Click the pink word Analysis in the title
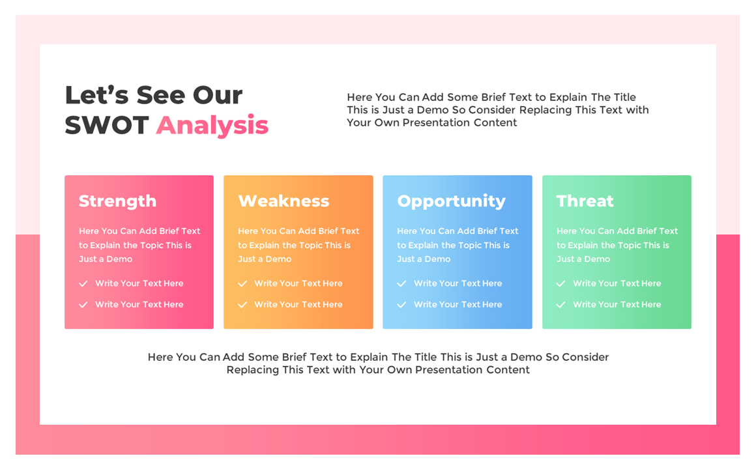(x=212, y=125)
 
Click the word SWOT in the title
(x=107, y=125)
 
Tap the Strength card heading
(x=117, y=201)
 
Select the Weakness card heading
(x=283, y=201)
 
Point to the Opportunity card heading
(x=451, y=201)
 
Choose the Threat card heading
(x=585, y=201)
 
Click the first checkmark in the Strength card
(x=83, y=284)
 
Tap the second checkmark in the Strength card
(x=83, y=305)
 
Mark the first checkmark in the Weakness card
(x=242, y=284)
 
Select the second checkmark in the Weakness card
(x=242, y=305)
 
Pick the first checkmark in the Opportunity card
(x=401, y=284)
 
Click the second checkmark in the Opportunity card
(x=401, y=305)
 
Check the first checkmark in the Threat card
(x=560, y=284)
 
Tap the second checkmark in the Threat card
(x=560, y=305)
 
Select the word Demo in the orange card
(x=278, y=259)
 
